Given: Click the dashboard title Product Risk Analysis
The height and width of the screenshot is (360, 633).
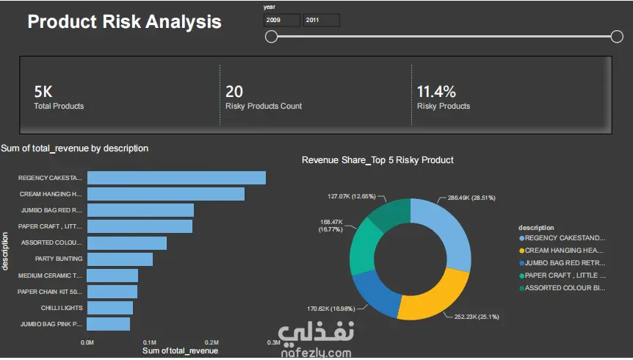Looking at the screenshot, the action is [124, 21].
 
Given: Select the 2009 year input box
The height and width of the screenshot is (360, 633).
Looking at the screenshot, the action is [282, 20].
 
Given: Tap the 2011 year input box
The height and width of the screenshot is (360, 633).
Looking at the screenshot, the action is [322, 20].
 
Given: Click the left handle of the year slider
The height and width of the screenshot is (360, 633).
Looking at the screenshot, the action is [271, 37].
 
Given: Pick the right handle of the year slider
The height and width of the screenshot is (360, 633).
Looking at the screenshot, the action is [617, 37].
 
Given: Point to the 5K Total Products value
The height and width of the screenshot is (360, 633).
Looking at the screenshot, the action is [43, 92].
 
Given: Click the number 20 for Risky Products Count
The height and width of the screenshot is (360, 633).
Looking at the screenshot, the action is [234, 92].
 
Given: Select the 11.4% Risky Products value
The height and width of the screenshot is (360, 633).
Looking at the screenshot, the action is [436, 92].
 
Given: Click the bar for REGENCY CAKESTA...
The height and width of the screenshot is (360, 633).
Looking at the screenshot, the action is [176, 178].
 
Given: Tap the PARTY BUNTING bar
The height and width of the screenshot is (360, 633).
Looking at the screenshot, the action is [120, 259].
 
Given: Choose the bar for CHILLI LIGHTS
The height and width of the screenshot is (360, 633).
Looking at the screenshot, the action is [110, 308].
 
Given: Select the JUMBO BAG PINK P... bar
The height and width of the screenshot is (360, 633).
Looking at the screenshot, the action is [109, 324].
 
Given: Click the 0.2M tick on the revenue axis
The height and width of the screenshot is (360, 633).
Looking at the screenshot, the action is [211, 342].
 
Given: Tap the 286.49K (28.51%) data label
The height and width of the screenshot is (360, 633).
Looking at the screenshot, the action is [471, 198].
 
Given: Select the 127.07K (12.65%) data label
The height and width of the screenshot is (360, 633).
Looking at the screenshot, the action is [352, 196].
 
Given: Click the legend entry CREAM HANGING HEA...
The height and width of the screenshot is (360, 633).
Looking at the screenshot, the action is [563, 251].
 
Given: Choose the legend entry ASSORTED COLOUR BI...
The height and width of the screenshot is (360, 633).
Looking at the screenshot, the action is [563, 288].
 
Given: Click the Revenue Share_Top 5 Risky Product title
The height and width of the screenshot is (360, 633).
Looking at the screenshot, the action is [377, 160].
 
